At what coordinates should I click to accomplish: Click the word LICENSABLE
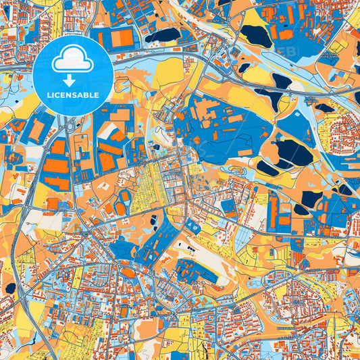(x=73, y=95)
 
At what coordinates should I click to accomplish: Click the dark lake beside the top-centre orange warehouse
(x=162, y=35)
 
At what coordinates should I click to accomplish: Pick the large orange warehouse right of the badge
(x=122, y=38)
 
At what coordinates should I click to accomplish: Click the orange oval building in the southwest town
(x=128, y=273)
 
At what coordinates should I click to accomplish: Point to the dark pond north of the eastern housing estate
(x=325, y=107)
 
